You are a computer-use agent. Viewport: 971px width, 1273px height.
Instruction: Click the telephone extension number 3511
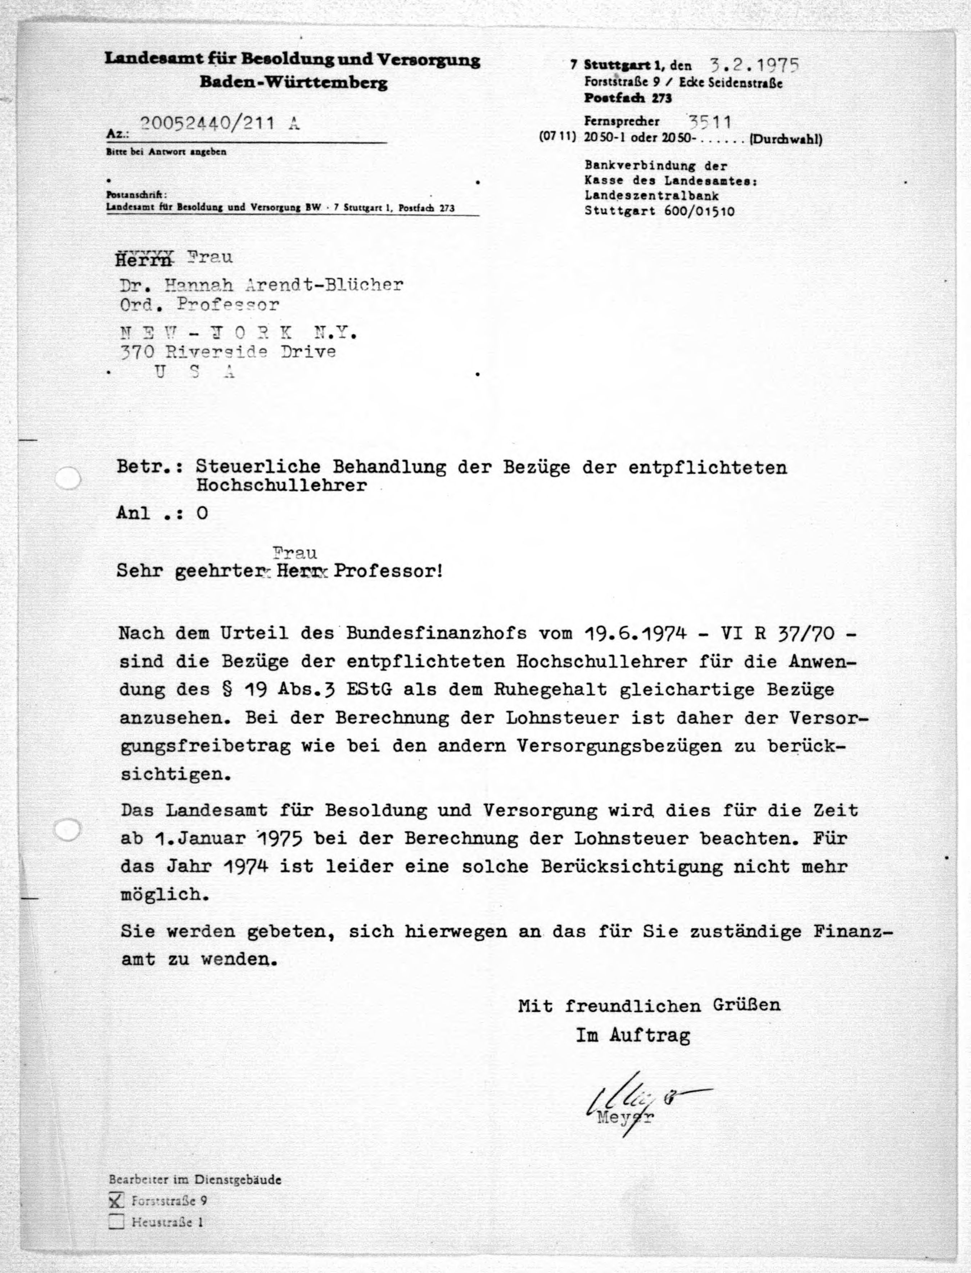click(x=709, y=122)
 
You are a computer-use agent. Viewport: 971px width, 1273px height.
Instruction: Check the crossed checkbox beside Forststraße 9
click(x=117, y=1201)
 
